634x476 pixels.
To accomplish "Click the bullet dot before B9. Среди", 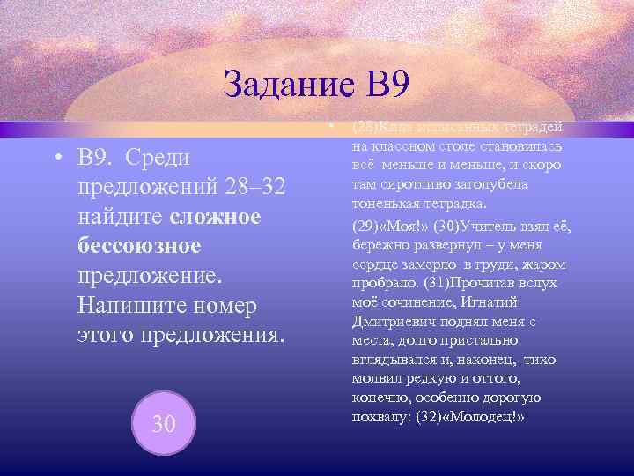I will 56,158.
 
